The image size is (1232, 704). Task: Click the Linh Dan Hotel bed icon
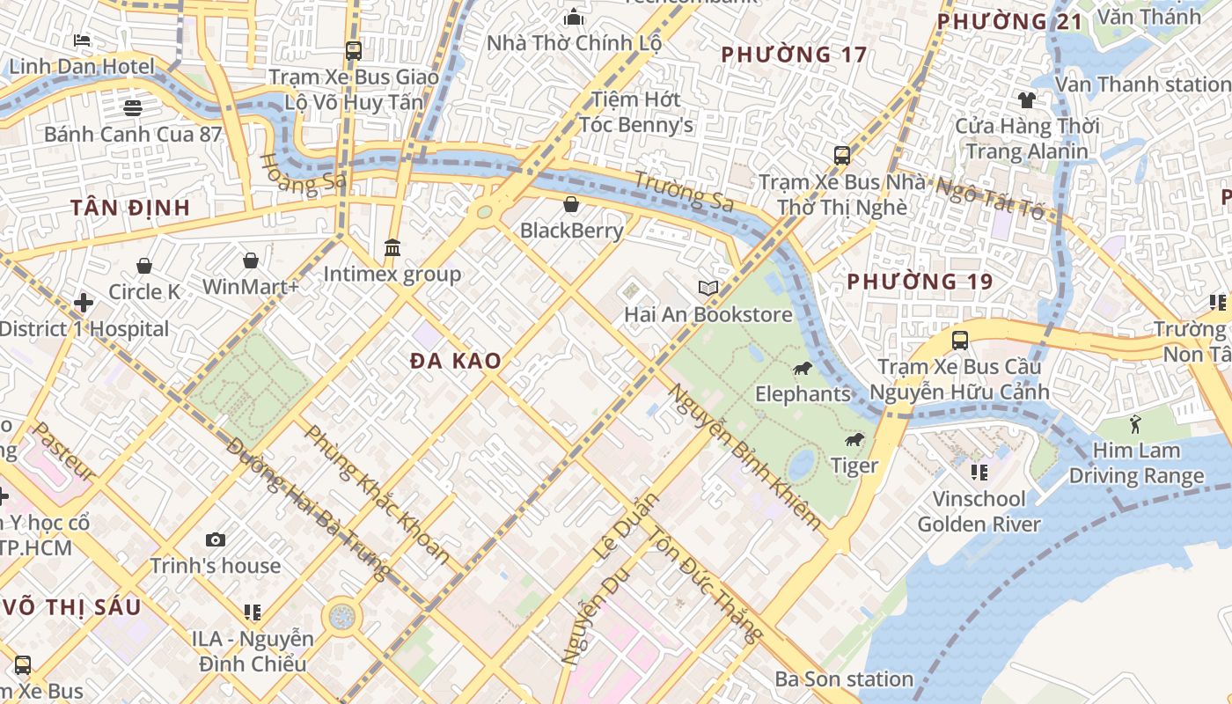82,40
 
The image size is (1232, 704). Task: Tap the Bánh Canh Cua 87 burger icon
133,108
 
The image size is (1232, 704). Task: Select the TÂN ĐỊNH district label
130,208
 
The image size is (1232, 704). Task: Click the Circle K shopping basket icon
144,266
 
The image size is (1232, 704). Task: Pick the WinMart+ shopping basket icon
251,260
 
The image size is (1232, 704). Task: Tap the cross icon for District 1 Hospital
84,304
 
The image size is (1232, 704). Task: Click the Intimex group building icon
392,248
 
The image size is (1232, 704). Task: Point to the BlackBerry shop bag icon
571,205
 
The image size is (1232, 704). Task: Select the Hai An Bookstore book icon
708,288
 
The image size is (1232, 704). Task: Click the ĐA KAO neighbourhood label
456,361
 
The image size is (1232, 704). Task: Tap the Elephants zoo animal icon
803,368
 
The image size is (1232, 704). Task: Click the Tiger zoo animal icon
854,440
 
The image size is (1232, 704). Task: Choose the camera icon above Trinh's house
216,539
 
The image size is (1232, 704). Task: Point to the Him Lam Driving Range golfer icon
1134,424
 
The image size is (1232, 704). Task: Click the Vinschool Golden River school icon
979,473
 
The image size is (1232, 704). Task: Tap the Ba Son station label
844,679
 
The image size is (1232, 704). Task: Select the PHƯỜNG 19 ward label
920,282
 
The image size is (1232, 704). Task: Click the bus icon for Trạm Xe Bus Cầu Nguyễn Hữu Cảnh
960,341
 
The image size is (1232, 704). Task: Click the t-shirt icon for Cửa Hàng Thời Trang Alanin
1027,99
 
